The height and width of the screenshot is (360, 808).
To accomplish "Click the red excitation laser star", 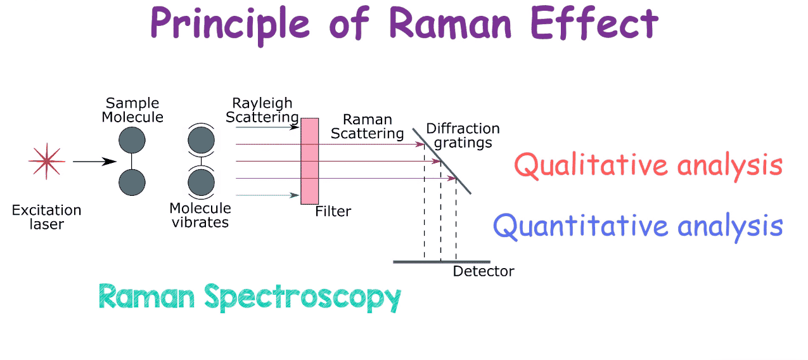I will pos(46,161).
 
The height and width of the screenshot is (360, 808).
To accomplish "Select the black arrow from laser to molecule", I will pos(94,162).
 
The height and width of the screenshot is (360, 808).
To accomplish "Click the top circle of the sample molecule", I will pos(132,140).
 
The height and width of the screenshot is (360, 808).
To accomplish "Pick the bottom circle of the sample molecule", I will pos(132,182).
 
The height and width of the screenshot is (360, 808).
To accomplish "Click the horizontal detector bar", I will pos(441,261).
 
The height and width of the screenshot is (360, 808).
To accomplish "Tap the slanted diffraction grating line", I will pos(442,161).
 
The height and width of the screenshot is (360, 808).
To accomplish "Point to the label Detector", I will pos(483,272).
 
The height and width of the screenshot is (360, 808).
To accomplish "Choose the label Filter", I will pos(333,211).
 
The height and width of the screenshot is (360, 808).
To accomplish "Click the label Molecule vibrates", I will pos(200,215).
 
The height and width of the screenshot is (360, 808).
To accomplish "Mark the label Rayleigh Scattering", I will pos(265,110).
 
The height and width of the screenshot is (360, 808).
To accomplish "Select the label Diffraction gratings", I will pos(463,136).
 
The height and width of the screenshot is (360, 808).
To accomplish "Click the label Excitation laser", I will pos(46,217).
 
